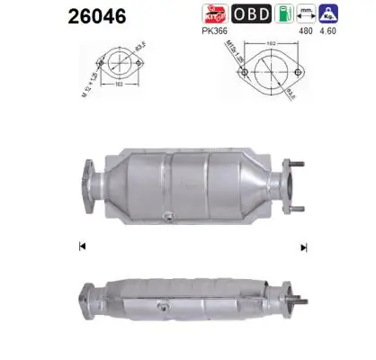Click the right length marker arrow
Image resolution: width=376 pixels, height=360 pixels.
[x=303, y=247]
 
